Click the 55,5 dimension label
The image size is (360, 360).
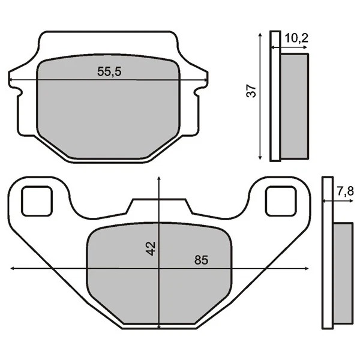click(109, 71)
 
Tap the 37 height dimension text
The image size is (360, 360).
click(252, 91)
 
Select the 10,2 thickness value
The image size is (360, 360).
click(296, 39)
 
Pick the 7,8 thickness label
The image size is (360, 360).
click(345, 192)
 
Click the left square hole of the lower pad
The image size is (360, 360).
click(37, 200)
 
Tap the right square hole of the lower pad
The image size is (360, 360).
click(281, 200)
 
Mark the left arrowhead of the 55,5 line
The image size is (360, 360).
click(11, 80)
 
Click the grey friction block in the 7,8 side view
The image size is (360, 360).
click(343, 273)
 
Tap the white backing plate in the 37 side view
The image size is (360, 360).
click(275, 96)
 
